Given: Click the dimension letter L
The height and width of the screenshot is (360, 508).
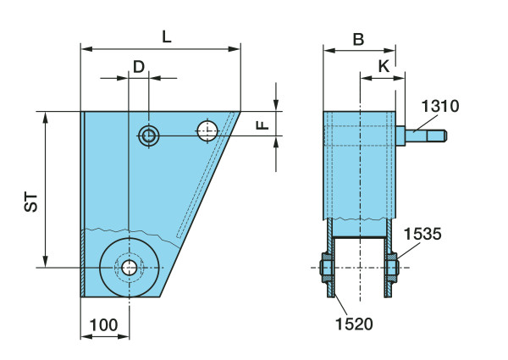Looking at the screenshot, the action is tap(167, 37).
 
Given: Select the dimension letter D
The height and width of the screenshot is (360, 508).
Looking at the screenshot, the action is tap(139, 67).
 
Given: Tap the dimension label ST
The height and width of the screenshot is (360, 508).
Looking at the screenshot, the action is tap(31, 202).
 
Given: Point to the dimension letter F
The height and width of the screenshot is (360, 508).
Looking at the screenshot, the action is tap(262, 125).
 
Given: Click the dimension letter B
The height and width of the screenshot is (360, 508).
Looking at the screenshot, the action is tap(358, 40).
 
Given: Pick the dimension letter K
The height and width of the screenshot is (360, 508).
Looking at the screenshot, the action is tap(384, 66).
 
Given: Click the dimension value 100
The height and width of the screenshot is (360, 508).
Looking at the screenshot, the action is tap(103, 325).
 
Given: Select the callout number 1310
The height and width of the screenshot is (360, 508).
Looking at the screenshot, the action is tap(440, 106).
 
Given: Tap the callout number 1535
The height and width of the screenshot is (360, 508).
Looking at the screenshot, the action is tap(422, 234).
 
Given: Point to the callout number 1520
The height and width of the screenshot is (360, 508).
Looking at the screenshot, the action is tap(354, 324).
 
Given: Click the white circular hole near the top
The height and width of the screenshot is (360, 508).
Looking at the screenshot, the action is tap(207, 130).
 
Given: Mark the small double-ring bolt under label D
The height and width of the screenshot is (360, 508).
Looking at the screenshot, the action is tap(149, 136).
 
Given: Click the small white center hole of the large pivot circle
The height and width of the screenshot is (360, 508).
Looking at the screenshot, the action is tap(130, 268).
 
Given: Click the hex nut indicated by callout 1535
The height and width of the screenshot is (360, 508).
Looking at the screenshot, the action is tap(392, 268).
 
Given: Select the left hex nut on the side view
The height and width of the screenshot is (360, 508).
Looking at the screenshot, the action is tap(327, 268).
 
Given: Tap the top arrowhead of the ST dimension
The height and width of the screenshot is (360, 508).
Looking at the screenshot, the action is tap(46, 118).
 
